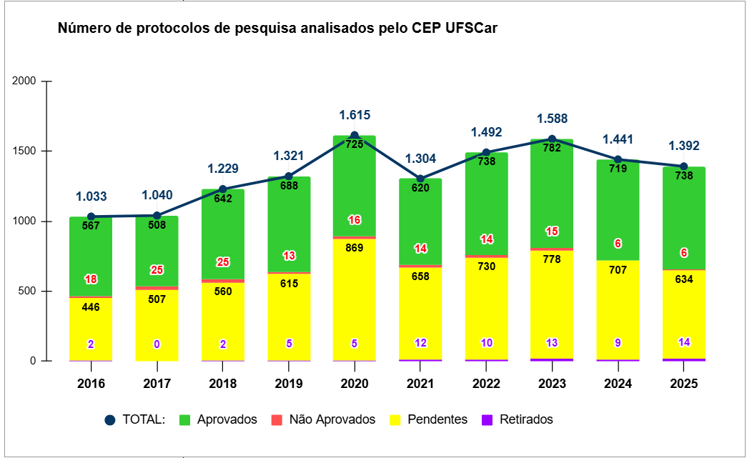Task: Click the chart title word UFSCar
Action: point(471,29)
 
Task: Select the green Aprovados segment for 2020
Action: point(355,186)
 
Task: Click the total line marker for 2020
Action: point(355,135)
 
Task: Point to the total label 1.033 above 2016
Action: point(91,196)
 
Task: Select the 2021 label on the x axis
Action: point(420,384)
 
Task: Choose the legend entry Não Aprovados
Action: point(325,419)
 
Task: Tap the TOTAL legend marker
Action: point(109,420)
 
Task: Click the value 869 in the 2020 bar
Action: point(355,248)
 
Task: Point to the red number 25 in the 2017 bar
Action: point(157,270)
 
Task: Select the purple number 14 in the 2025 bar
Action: point(684,342)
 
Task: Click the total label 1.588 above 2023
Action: point(552,119)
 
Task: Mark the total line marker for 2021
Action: point(420,179)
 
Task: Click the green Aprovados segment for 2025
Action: point(684,214)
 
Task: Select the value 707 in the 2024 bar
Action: point(618,270)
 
